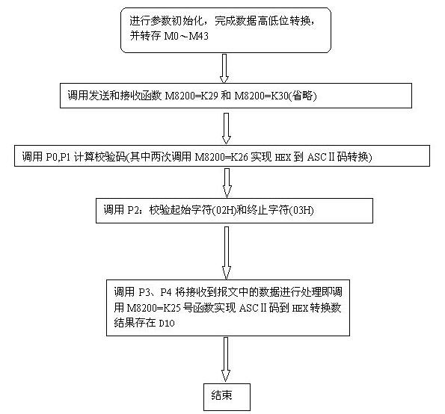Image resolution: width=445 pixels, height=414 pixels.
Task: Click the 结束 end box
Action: (227, 397)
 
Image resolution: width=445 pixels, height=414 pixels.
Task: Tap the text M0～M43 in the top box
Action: (186, 36)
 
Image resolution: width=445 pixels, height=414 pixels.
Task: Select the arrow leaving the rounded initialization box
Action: (224, 69)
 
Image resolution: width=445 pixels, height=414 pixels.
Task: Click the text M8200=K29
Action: (191, 96)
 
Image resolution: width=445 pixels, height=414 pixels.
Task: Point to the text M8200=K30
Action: (261, 96)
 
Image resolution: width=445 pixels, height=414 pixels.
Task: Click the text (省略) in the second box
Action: (303, 96)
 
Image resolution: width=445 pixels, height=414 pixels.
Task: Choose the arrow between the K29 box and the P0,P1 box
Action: (226, 129)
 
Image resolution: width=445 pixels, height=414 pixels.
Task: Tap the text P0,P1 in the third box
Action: (58, 156)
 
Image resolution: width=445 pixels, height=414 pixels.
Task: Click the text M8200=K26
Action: (221, 156)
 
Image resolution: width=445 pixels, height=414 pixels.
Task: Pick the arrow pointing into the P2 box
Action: (227, 182)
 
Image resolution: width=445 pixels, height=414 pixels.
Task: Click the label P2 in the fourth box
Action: (133, 210)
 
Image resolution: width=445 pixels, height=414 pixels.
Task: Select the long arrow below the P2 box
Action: (227, 253)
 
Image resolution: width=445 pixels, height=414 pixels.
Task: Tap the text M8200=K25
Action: (153, 308)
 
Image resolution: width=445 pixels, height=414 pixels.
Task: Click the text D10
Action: (167, 324)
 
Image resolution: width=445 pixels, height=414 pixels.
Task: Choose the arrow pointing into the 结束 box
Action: (226, 359)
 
